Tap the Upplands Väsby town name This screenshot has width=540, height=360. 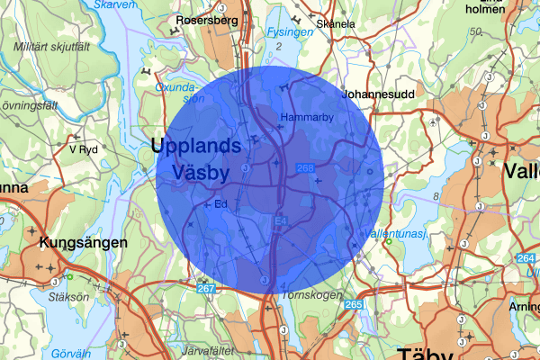(x=195, y=158)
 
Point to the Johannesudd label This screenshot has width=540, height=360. (x=378, y=92)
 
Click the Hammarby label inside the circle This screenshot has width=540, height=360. (x=307, y=119)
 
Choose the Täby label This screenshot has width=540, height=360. (x=428, y=352)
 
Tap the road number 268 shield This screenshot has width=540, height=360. (x=305, y=168)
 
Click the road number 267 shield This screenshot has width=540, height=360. (x=206, y=287)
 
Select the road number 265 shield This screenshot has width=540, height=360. (x=352, y=304)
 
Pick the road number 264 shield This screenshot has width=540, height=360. (x=526, y=259)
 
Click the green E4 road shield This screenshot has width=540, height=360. (x=280, y=220)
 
